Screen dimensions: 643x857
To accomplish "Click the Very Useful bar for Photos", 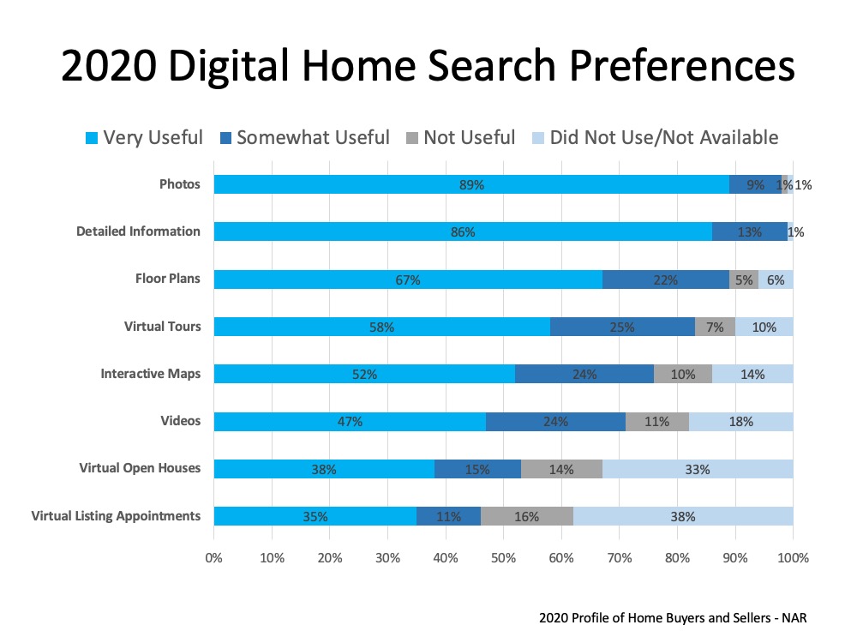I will (x=470, y=184).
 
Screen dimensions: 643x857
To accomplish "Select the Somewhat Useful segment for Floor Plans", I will (x=665, y=279).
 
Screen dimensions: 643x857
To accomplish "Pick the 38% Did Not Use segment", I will (x=680, y=516).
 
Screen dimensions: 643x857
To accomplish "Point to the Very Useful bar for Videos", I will (x=350, y=422).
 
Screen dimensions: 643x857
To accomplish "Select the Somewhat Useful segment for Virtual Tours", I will (x=622, y=327).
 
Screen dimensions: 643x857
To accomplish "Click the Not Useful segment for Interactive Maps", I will (x=683, y=374).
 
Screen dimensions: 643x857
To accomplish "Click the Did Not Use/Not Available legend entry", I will (x=656, y=137).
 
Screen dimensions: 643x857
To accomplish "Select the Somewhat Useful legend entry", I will (x=304, y=137).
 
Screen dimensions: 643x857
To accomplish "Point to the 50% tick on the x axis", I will (x=503, y=558).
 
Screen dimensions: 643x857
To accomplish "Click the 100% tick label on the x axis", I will (x=793, y=558).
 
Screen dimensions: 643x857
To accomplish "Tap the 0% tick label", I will (x=213, y=558).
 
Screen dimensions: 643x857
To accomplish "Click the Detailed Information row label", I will (x=138, y=231).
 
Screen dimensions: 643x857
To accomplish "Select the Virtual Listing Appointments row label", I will (x=116, y=516).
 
